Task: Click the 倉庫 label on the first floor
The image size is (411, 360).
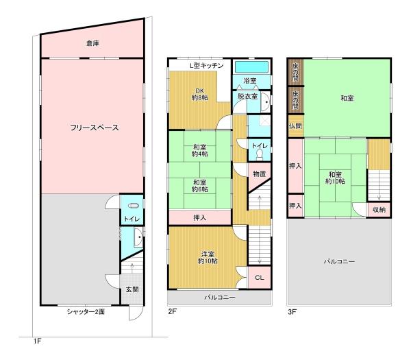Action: pos(92,43)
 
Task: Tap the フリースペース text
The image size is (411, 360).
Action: pos(95,128)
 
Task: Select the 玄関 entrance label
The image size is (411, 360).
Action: pos(132,289)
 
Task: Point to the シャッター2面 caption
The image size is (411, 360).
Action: pos(86,312)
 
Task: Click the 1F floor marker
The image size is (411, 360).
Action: pos(37,341)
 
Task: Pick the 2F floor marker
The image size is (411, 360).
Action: pos(173,311)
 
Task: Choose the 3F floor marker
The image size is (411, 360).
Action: pos(292,312)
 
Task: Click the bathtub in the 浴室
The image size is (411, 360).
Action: pos(251,67)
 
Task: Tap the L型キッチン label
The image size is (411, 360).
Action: pos(207,65)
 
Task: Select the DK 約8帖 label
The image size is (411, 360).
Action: pos(200,94)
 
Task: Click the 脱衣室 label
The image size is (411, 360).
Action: pos(248,96)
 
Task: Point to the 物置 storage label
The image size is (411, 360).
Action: pos(260,173)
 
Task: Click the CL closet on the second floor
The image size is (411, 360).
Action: pos(259,278)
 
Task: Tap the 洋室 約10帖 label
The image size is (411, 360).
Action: pos(208,257)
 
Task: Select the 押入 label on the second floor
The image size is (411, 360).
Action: pos(200,217)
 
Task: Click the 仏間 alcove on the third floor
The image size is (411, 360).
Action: pos(296,126)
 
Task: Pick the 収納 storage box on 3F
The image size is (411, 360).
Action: pos(379,210)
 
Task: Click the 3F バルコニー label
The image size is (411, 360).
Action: pos(340,262)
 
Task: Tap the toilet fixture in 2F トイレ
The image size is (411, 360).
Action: pos(259,154)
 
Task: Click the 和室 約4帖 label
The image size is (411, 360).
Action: pos(200,150)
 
